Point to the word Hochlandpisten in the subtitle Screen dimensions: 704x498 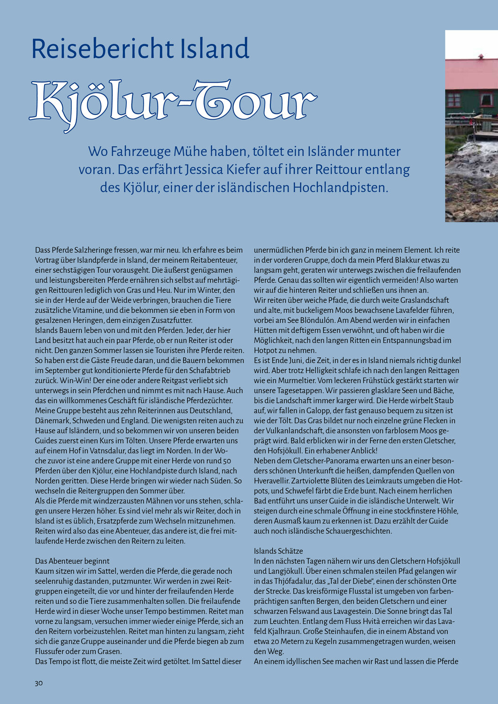pyautogui.click(x=340, y=187)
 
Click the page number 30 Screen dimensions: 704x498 pyautogui.click(x=38, y=683)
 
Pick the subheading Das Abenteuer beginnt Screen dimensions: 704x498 pyautogui.click(x=72, y=561)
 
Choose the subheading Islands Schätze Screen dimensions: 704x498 pyautogui.click(x=278, y=551)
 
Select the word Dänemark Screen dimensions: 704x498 pyautogui.click(x=52, y=421)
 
